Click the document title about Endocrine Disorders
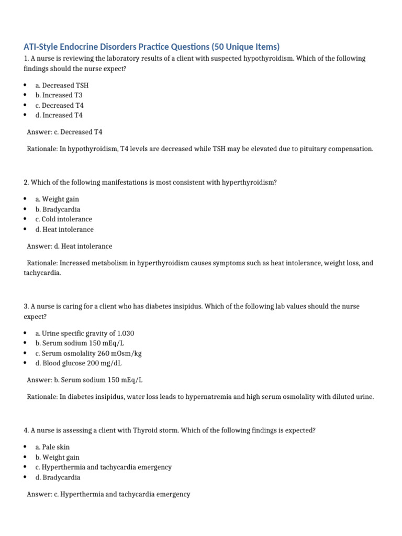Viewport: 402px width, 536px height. click(152, 47)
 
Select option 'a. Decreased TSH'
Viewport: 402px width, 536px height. click(62, 85)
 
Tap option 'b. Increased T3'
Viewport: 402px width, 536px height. click(59, 95)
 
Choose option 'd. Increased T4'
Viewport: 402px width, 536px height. click(59, 115)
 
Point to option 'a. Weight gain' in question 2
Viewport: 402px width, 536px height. click(57, 199)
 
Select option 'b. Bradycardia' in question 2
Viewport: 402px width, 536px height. click(58, 209)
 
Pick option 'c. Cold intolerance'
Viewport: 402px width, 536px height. click(63, 219)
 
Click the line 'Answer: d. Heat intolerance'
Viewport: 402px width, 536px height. click(70, 246)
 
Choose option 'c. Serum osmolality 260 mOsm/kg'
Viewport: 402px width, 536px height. click(88, 353)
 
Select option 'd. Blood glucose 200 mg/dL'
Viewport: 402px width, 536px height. click(79, 363)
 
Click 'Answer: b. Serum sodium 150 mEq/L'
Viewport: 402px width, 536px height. click(85, 380)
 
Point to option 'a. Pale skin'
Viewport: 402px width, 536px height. click(53, 448)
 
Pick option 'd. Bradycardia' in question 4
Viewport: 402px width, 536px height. click(58, 477)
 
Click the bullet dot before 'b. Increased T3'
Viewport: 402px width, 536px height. click(25, 95)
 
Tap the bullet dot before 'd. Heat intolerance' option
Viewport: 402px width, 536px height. click(25, 229)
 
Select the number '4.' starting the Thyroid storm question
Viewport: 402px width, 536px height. click(26, 431)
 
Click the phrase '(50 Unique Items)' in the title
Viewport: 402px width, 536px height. click(245, 47)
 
